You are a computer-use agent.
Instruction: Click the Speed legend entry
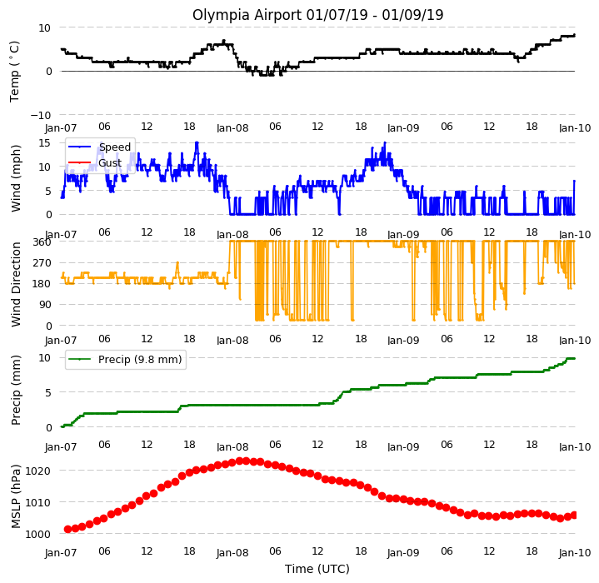pos(99,147)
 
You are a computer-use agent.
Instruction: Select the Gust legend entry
pos(95,163)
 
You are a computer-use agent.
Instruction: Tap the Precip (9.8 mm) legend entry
pos(124,359)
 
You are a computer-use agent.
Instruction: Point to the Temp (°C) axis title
pos(14,72)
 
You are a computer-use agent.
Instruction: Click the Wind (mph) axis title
pos(16,178)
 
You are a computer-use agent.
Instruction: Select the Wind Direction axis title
pos(16,284)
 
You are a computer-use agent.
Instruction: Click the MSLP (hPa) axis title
pos(16,496)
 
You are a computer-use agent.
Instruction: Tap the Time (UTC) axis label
pos(317,569)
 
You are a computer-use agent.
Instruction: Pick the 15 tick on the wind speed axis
pos(45,142)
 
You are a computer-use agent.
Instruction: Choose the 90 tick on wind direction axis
pos(46,305)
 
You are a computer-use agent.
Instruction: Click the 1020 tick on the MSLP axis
pos(37,471)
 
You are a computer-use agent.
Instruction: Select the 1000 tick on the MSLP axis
pos(37,534)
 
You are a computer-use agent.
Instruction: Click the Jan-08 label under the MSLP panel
pos(232,553)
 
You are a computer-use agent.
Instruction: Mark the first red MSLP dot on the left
pos(67,529)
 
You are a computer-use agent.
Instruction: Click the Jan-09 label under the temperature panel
pos(403,128)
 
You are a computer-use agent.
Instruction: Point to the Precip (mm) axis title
pos(16,391)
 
